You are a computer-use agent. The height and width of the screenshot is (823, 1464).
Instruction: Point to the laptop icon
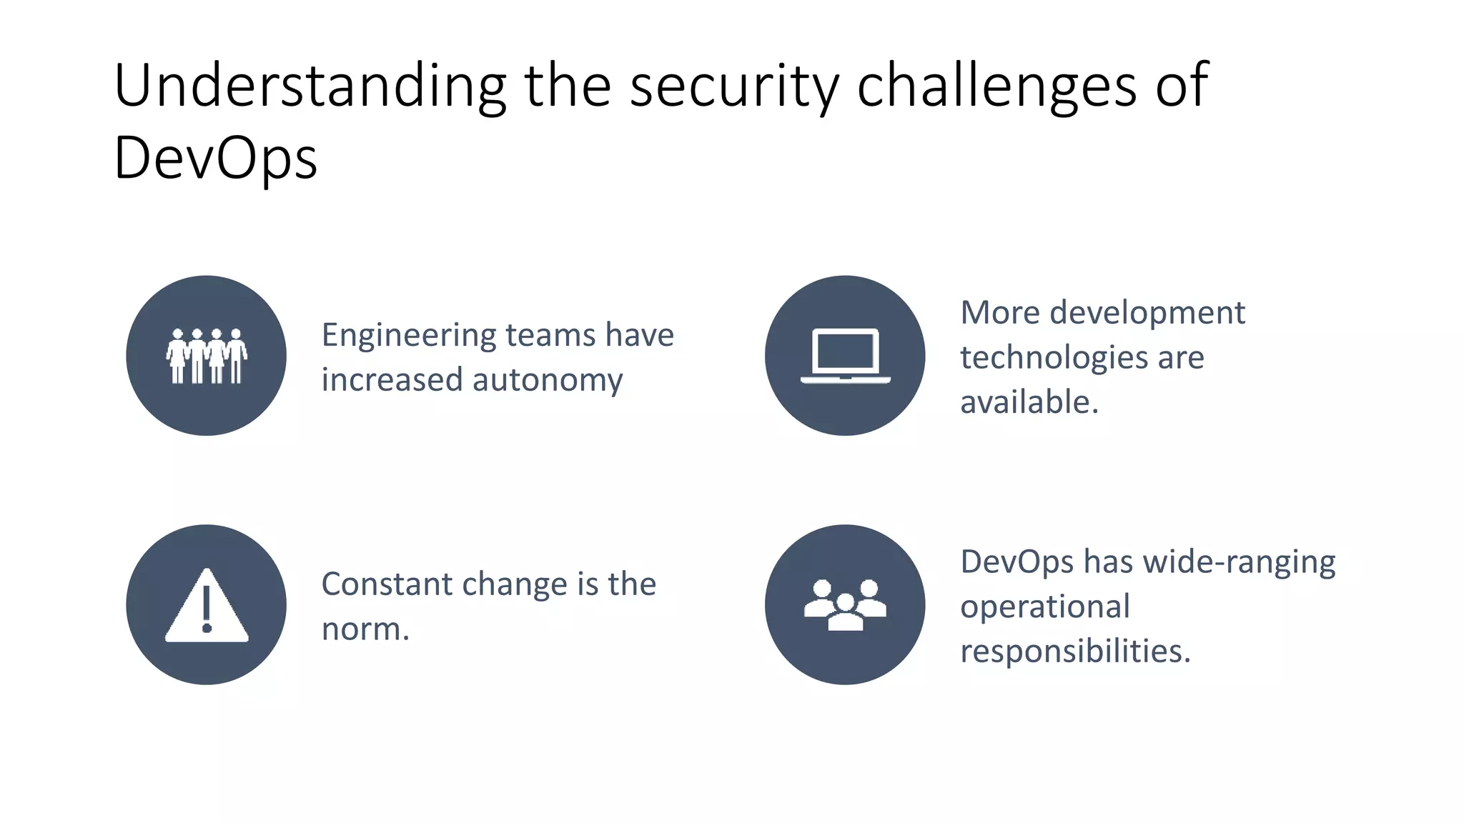[845, 356]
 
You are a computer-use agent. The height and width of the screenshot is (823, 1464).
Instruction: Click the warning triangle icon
[207, 607]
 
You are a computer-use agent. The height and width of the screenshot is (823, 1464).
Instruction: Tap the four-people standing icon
[207, 356]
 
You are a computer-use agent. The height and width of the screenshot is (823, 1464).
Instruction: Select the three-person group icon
[845, 605]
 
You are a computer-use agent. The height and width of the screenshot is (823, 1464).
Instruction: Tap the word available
[1028, 402]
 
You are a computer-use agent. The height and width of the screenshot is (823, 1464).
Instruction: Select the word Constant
[387, 584]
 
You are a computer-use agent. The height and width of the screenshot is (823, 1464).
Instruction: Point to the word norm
[364, 629]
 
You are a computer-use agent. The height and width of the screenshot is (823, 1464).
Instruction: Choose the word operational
[1044, 607]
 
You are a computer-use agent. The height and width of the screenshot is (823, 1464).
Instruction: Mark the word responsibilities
[1074, 652]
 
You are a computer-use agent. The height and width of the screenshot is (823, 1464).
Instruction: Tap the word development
[1147, 313]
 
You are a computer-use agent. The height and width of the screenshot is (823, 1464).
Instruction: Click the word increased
[392, 380]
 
